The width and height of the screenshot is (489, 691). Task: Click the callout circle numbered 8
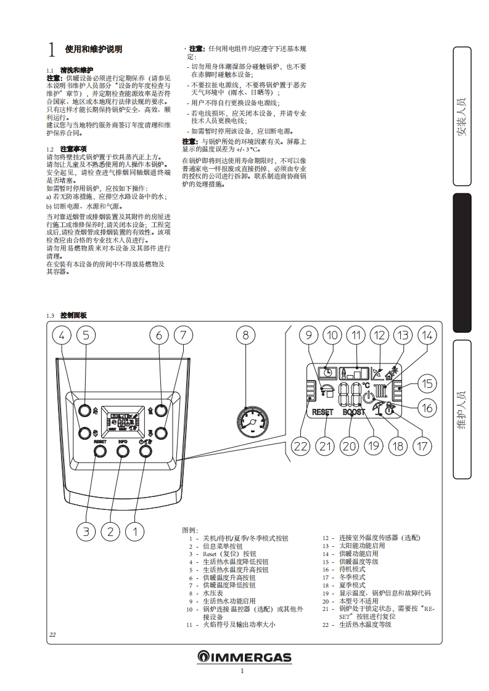(x=245, y=336)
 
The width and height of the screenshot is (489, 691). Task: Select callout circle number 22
(x=300, y=447)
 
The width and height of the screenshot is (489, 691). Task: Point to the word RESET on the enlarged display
(x=323, y=412)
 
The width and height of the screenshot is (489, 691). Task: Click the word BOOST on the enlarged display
(x=355, y=412)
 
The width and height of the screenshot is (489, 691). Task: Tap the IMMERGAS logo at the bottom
(x=244, y=657)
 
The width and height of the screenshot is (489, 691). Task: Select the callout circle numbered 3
(x=87, y=531)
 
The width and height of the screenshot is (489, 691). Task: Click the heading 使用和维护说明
(x=93, y=49)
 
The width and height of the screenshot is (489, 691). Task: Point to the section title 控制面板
(x=74, y=315)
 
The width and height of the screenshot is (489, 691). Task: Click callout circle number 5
(x=86, y=336)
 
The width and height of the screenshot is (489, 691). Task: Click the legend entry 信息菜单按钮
(x=223, y=546)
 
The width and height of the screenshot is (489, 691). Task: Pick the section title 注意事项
(x=73, y=149)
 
